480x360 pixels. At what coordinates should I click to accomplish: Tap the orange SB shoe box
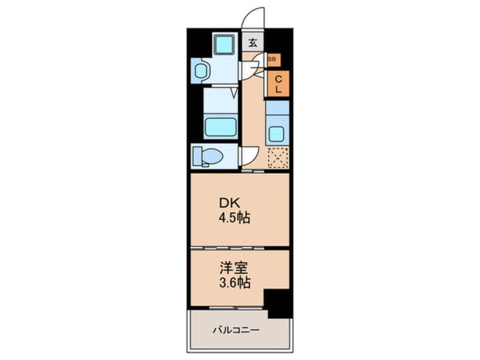tap(271, 58)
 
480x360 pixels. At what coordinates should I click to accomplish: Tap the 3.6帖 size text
tap(234, 282)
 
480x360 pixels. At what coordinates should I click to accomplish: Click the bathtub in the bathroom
tap(220, 126)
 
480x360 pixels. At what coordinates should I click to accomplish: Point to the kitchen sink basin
tap(277, 134)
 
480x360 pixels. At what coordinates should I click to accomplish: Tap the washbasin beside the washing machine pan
tap(201, 71)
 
